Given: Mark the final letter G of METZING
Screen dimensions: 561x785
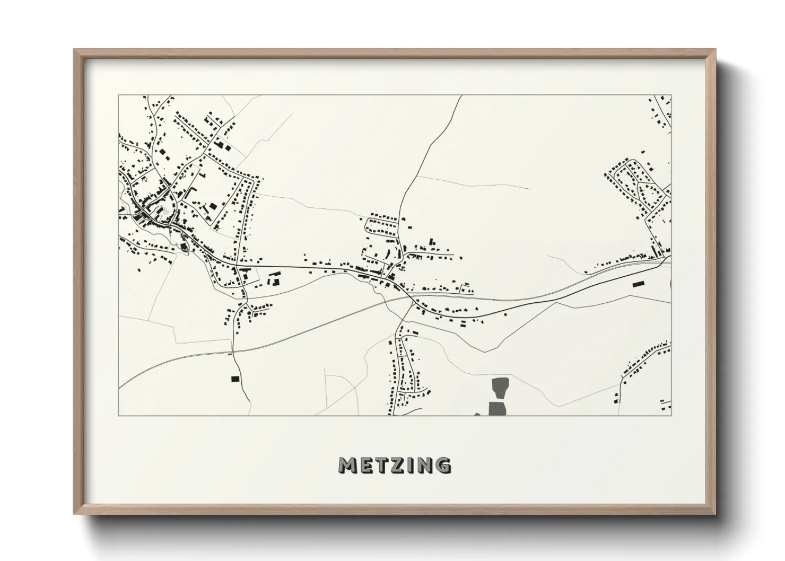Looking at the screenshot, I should point(443,465).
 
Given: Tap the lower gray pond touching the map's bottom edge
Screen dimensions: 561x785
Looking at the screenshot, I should point(496,408).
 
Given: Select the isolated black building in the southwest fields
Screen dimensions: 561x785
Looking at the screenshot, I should point(235,379).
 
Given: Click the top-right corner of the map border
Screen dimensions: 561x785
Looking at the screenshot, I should point(671,95).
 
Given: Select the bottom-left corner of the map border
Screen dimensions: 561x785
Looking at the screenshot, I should point(119,415).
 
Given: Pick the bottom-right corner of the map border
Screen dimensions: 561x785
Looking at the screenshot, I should point(671,415).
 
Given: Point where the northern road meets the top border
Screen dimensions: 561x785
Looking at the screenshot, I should point(461,96).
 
